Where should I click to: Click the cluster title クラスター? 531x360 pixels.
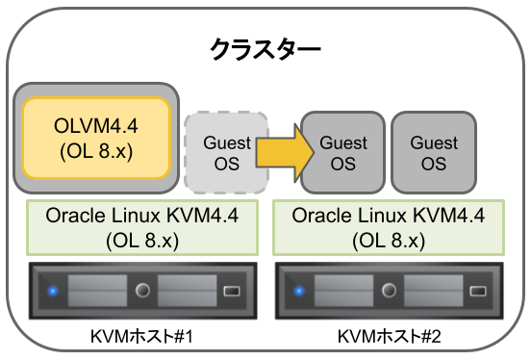pyautogui.click(x=265, y=50)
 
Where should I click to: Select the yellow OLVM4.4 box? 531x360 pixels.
pyautogui.click(x=96, y=137)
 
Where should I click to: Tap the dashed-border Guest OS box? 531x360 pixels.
pyautogui.click(x=226, y=152)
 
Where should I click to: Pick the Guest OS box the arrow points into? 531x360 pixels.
pyautogui.click(x=343, y=152)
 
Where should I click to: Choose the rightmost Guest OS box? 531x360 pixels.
pyautogui.click(x=434, y=152)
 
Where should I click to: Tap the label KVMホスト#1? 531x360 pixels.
pyautogui.click(x=142, y=337)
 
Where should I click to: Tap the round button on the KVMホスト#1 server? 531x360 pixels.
pyautogui.click(x=142, y=290)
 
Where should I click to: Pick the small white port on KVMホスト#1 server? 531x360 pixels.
pyautogui.click(x=232, y=290)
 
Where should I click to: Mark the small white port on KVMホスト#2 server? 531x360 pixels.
pyautogui.click(x=478, y=290)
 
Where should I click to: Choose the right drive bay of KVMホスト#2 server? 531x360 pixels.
pyautogui.click(x=434, y=290)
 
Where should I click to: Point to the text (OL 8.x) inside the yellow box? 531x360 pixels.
pyautogui.click(x=96, y=151)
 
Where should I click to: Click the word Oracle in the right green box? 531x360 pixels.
pyautogui.click(x=317, y=214)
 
